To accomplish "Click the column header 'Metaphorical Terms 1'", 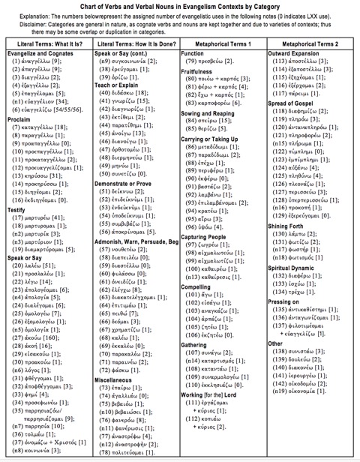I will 223,44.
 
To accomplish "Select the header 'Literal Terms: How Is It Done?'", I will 136,44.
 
